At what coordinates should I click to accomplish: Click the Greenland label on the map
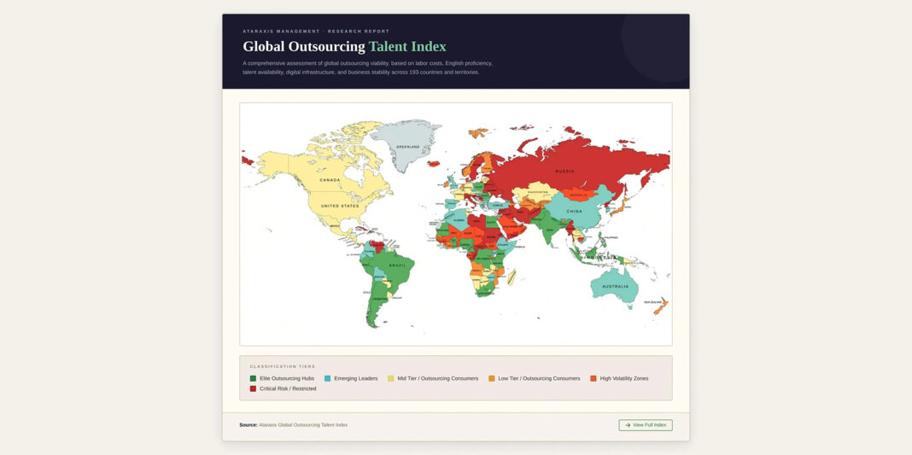408,147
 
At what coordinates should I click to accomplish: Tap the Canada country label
330,180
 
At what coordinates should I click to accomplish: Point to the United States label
340,206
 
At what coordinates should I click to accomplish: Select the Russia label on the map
564,171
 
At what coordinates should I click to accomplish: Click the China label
574,211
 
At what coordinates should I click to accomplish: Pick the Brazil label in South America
397,265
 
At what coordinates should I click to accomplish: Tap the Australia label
616,286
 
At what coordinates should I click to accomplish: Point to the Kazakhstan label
538,193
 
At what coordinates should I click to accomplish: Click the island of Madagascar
512,277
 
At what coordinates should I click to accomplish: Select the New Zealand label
654,301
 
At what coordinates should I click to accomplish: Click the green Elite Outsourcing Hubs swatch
253,378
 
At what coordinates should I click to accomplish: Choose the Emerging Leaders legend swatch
327,378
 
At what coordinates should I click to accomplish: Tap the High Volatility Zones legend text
623,378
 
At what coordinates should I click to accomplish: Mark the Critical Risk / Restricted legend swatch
253,388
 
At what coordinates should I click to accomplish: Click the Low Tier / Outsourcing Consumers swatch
491,378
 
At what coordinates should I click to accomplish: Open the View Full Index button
646,425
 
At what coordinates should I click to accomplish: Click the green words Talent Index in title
407,46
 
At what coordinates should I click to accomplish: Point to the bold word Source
248,425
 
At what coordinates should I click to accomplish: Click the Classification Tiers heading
283,366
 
